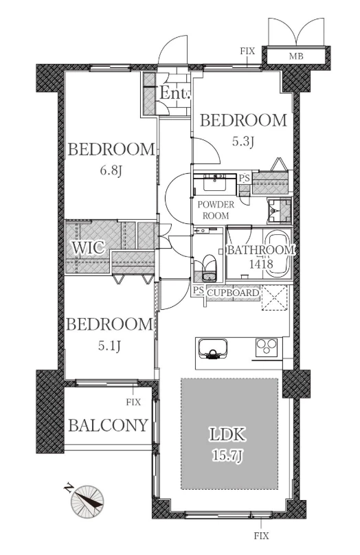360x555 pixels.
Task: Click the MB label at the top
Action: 296,56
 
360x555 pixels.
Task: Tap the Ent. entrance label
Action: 175,93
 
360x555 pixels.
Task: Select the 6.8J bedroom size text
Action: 111,171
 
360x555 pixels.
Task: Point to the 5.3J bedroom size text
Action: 243,141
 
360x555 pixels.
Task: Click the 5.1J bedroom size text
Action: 109,346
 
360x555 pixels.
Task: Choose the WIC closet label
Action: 89,247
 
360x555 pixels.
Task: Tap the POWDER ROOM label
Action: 216,210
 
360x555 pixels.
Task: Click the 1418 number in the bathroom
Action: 261,264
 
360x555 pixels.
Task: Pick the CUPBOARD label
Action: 233,293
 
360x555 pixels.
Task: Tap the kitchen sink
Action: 213,349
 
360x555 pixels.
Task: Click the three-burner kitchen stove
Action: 267,347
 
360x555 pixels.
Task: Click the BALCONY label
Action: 108,424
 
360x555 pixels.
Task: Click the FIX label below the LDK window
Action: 261,536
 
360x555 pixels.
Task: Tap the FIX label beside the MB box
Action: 247,51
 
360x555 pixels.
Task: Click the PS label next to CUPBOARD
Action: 199,291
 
